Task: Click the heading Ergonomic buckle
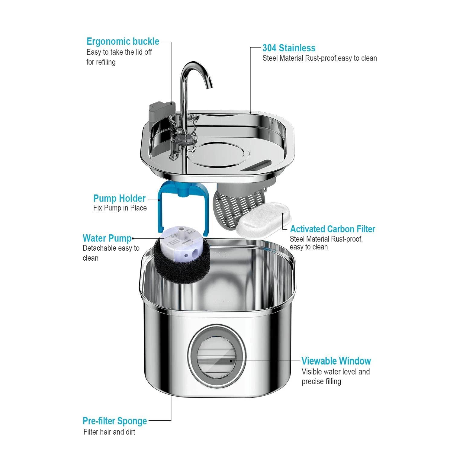[x=123, y=41]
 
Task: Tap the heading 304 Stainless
[x=288, y=48]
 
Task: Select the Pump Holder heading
[x=119, y=198]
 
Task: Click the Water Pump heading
[x=107, y=238]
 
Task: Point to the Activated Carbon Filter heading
[x=332, y=229]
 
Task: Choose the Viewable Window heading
[x=336, y=361]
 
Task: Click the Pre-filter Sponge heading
[x=115, y=421]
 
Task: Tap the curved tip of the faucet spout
[x=209, y=86]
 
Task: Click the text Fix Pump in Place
[x=120, y=208]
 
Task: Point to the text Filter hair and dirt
[x=109, y=432]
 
